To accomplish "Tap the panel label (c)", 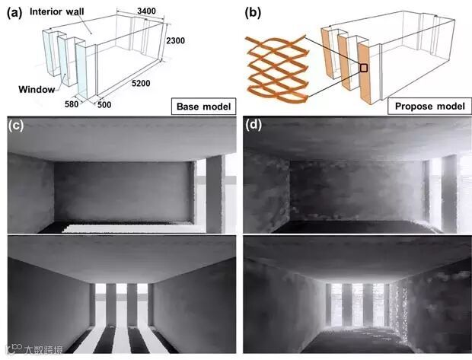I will [16, 126].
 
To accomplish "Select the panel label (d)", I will [254, 126].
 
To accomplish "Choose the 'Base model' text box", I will [201, 105].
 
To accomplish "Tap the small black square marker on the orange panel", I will [364, 68].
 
